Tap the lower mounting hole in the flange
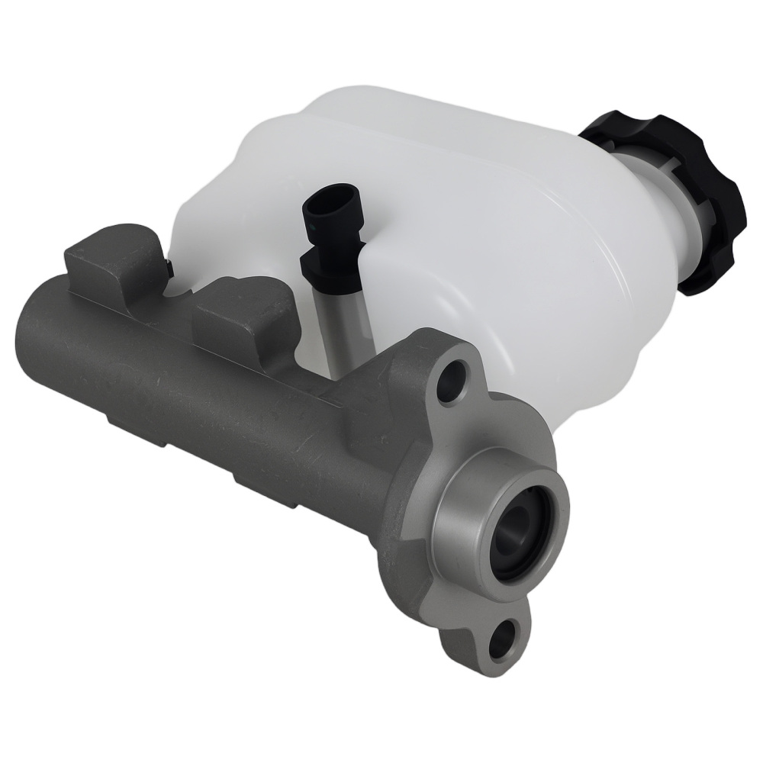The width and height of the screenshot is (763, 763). (x=503, y=640)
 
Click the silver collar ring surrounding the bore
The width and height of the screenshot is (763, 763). (x=465, y=526)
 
